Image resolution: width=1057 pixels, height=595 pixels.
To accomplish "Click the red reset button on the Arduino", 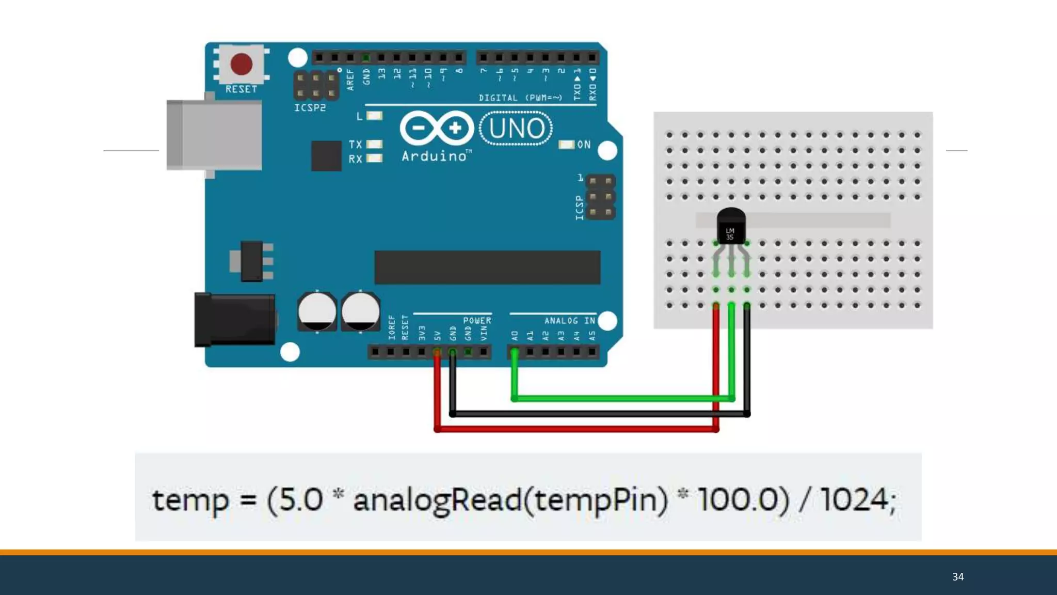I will [241, 64].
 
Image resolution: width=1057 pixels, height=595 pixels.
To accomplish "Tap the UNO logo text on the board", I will [516, 129].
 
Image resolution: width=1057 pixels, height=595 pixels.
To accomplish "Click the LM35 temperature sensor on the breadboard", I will [731, 227].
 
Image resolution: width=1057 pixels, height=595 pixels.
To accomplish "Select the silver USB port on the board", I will [214, 135].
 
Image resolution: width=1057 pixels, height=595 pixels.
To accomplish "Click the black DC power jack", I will [235, 320].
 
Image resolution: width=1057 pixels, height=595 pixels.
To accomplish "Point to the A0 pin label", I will [515, 336].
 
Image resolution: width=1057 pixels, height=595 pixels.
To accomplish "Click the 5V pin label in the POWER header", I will [438, 336].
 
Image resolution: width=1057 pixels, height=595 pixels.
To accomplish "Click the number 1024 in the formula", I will [854, 500].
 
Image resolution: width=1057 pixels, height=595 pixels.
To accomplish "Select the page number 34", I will [958, 576].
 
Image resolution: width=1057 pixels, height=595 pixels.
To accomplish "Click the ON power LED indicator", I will [567, 145].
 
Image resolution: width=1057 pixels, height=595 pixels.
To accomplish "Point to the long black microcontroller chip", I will [487, 267].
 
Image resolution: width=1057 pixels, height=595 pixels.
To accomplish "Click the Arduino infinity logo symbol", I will [437, 128].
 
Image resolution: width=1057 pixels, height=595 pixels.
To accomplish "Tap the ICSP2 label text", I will [310, 108].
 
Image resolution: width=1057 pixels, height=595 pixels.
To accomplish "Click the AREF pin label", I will [350, 80].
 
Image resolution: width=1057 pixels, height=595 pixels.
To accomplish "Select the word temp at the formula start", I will [190, 500].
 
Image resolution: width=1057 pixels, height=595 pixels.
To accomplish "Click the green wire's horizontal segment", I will [619, 398].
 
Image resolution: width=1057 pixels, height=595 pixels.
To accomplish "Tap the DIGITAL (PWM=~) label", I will [520, 98].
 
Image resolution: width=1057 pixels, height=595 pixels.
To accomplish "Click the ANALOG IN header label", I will [569, 321].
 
